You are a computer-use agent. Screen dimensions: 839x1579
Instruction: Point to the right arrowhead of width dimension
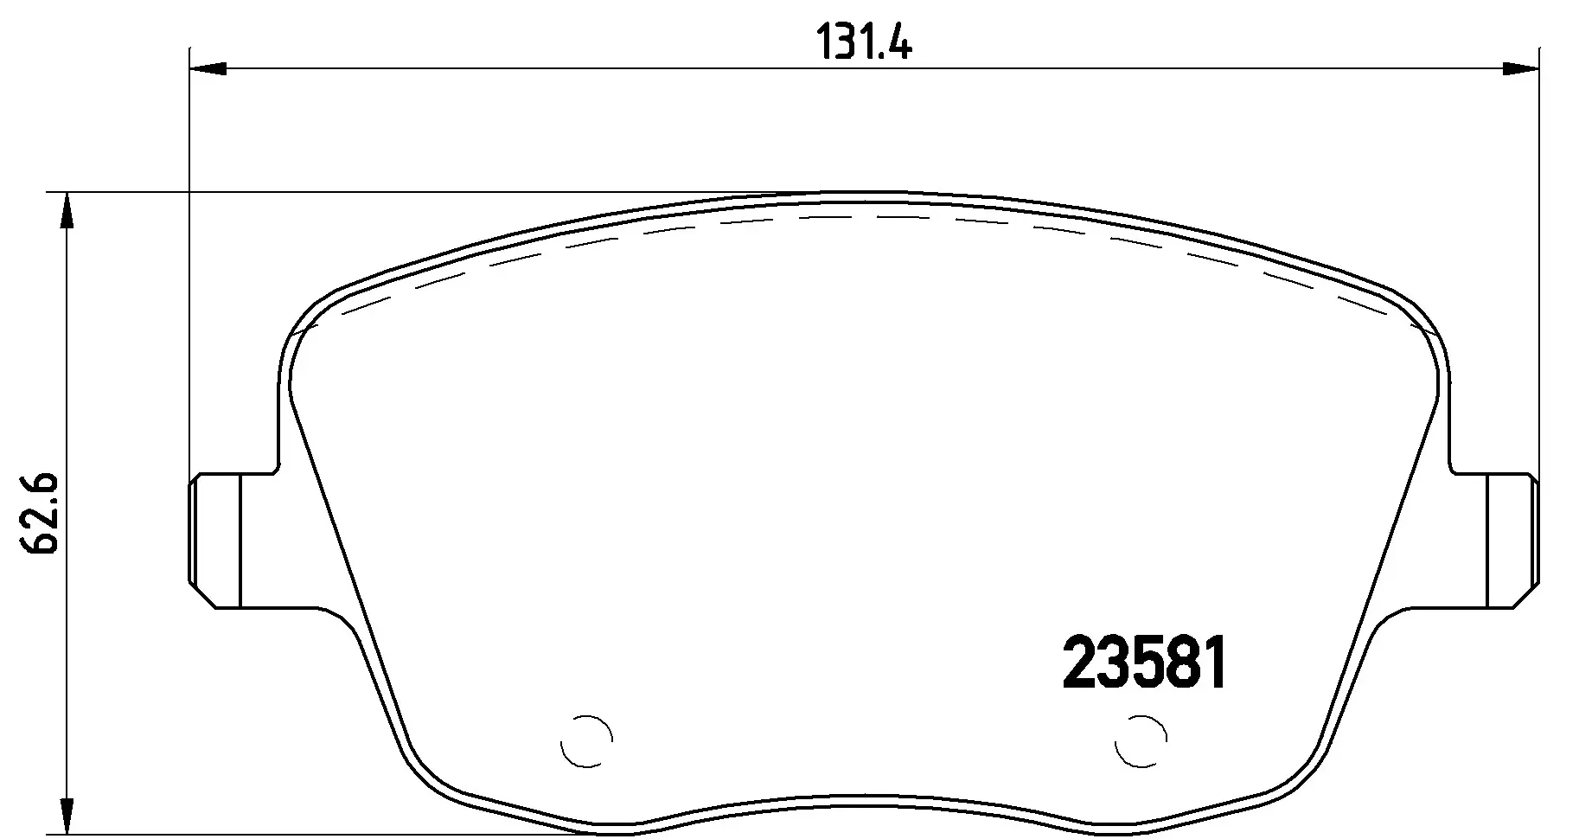[x=1520, y=68]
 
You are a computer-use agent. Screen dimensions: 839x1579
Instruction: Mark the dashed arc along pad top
[x=865, y=215]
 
